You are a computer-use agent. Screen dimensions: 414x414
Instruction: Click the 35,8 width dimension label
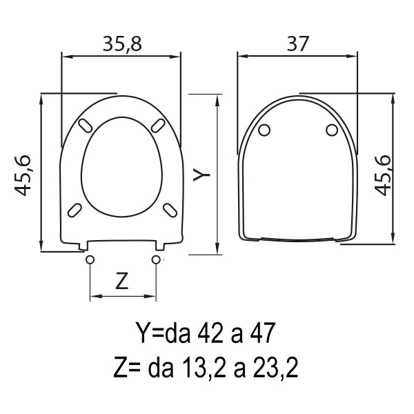coord(122,44)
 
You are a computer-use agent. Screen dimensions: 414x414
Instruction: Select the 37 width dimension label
coord(297,44)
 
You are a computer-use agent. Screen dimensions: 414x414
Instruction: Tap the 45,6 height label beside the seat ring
coord(23,175)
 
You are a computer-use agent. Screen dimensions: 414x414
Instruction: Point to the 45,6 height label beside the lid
coord(382,175)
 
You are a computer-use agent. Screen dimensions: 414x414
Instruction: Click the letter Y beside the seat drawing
coord(201,175)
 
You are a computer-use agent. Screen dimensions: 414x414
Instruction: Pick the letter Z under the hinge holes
coord(122,282)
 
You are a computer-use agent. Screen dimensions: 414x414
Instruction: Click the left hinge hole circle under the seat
coord(90,259)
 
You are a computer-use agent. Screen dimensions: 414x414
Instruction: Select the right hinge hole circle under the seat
coord(156,259)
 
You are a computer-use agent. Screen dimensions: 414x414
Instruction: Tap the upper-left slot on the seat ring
coord(86,125)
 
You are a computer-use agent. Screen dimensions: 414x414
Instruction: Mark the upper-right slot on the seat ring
coord(158,125)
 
